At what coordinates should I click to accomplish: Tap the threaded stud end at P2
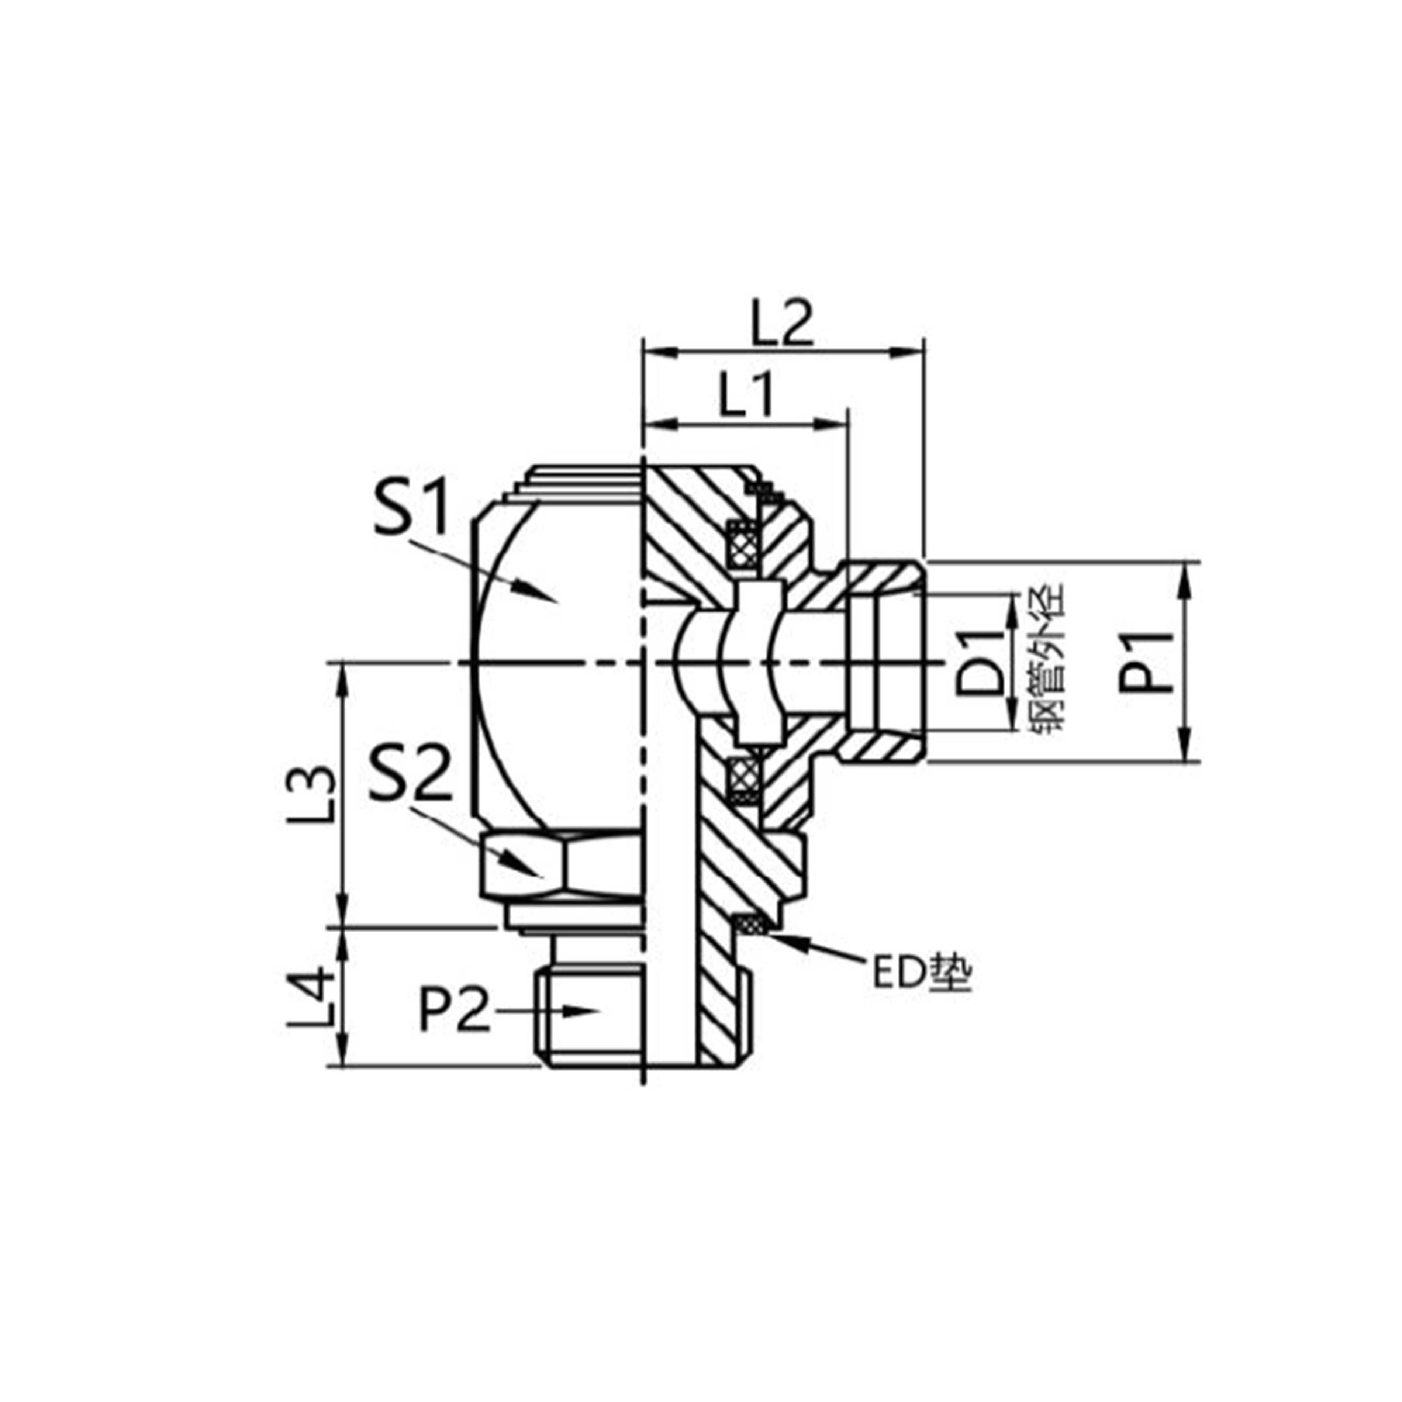591,1016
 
